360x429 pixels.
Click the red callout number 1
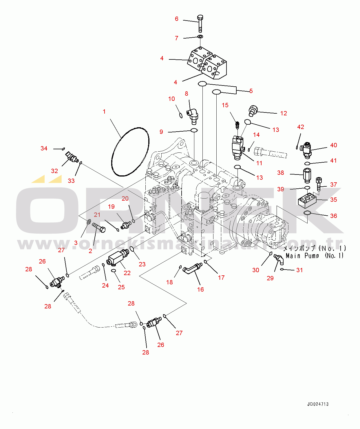click(104, 112)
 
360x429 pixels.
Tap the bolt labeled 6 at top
click(200, 23)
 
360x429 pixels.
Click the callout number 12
click(284, 113)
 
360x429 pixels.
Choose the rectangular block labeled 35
click(307, 200)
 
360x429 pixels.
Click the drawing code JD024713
click(318, 404)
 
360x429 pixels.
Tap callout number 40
click(334, 145)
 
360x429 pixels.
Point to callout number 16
click(200, 289)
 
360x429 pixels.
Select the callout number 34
click(44, 148)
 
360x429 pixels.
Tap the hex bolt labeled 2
click(99, 228)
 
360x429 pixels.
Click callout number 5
click(251, 91)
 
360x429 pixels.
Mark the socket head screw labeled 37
click(319, 184)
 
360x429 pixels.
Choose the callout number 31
click(299, 270)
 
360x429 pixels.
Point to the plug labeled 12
click(253, 110)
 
